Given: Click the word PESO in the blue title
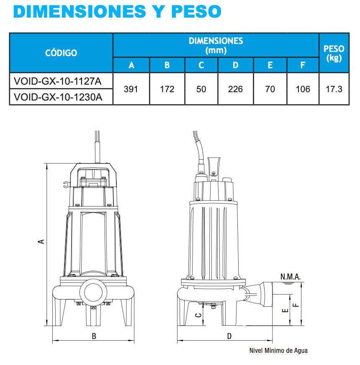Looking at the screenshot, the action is (x=196, y=11).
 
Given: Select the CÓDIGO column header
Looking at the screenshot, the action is (x=61, y=53).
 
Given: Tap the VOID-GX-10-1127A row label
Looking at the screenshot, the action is (x=58, y=81).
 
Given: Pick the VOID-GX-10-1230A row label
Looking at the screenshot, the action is (x=58, y=97).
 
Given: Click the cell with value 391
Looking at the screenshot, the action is (x=131, y=89).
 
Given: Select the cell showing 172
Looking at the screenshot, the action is (x=167, y=89).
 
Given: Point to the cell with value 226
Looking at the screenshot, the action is (x=235, y=89).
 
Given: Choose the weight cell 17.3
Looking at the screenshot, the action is (x=334, y=89).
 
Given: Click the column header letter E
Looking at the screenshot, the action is (x=270, y=65).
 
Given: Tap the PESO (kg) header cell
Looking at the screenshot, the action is (x=334, y=53).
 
